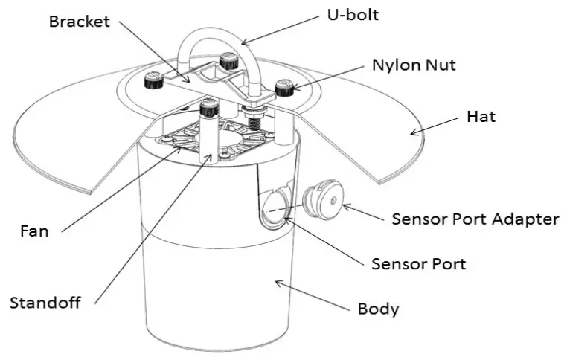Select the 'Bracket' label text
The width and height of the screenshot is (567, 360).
[x=79, y=21]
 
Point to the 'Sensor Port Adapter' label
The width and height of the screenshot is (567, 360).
[x=475, y=219]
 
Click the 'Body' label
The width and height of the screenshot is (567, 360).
[x=378, y=308]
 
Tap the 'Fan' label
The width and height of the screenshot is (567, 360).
[x=33, y=231]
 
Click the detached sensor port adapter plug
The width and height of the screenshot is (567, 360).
[x=321, y=199]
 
